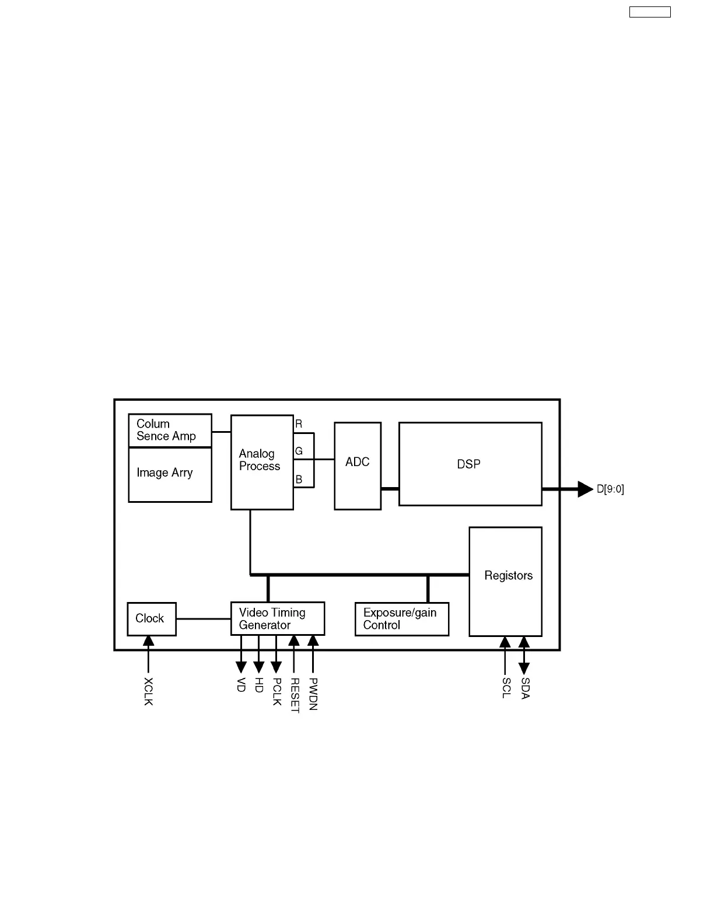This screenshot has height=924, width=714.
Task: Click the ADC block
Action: (358, 466)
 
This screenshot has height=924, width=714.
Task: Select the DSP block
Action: (470, 464)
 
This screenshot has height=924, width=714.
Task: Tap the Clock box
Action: (151, 619)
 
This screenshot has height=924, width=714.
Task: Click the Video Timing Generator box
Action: (277, 618)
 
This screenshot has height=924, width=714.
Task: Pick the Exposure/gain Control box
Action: (401, 619)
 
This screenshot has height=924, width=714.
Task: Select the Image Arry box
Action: (170, 474)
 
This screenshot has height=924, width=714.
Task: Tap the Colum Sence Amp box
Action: (170, 430)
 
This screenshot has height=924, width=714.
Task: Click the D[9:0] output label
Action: (610, 489)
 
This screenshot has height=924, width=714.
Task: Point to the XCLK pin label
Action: (148, 691)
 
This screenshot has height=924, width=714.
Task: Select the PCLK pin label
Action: (277, 691)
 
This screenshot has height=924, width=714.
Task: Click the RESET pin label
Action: (295, 695)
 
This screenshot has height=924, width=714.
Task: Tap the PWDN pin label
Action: (313, 694)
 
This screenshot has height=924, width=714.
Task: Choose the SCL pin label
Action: (506, 688)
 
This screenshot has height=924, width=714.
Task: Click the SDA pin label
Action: (524, 688)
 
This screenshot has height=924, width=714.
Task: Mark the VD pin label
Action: (241, 685)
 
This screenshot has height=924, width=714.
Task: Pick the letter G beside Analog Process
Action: (299, 452)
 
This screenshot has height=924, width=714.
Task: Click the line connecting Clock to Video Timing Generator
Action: (204, 619)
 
